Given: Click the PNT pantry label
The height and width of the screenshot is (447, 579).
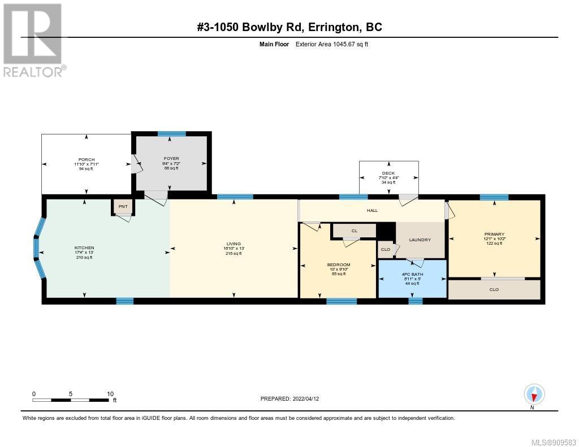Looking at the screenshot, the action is [123, 207].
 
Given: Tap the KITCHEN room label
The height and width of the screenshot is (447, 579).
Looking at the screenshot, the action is [84, 248].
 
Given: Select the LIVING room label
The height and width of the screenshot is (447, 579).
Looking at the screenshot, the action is [234, 244].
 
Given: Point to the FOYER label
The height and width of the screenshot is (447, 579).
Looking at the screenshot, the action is [171, 158].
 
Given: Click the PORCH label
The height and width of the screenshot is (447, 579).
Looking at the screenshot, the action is [87, 159].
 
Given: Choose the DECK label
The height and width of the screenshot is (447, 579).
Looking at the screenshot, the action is [388, 173].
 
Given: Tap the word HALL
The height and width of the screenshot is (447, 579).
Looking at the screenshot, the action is [372, 210].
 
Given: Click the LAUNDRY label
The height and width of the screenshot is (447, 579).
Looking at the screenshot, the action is [420, 240].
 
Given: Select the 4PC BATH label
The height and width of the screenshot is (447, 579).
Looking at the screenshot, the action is [412, 274].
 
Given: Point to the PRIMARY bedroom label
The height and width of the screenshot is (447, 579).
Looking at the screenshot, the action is [494, 234].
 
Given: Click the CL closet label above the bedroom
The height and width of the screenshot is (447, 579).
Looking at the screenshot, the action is [355, 231].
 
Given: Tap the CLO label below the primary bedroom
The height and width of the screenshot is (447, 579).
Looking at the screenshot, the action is [494, 290].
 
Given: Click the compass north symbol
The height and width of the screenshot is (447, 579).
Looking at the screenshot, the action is [534, 394].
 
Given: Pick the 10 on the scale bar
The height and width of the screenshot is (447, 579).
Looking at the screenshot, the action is [110, 394].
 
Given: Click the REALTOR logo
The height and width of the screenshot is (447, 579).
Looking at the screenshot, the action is [33, 40].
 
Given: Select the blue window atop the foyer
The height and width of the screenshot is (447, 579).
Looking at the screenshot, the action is [172, 133].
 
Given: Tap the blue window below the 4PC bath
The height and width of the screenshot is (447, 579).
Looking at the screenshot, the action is [416, 301].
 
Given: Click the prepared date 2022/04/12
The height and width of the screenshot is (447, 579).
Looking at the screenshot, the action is [306, 398].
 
